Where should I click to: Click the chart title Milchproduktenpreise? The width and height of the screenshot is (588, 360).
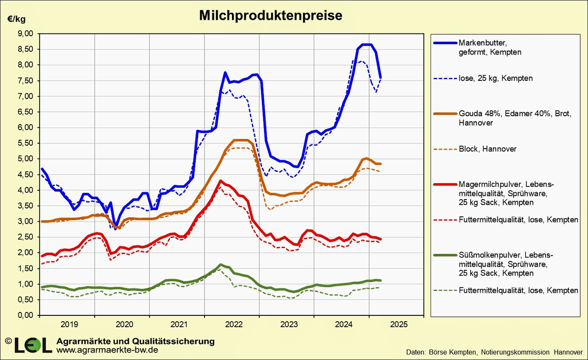click(270, 16)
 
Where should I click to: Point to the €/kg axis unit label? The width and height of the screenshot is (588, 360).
click(16, 19)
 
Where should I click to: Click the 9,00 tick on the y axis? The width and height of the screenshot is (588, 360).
click(25, 33)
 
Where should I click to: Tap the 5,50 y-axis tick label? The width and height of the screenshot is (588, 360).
click(25, 143)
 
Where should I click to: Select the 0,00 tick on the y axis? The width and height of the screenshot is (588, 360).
click(25, 315)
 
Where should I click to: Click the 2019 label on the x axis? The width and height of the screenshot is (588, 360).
click(69, 324)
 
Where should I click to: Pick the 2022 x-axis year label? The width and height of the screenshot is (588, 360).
click(233, 324)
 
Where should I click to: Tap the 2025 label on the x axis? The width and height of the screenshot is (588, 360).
click(398, 324)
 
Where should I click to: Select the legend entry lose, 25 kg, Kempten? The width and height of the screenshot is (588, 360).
click(496, 78)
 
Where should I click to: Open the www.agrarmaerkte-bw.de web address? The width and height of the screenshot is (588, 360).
click(107, 350)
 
